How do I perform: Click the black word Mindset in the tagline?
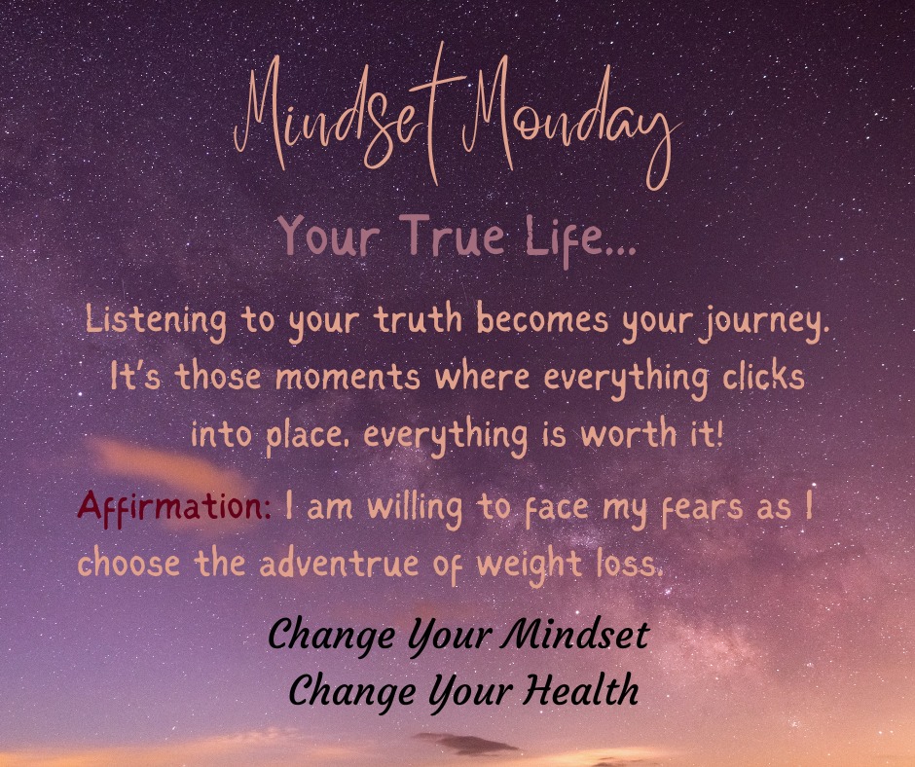[x=575, y=636]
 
